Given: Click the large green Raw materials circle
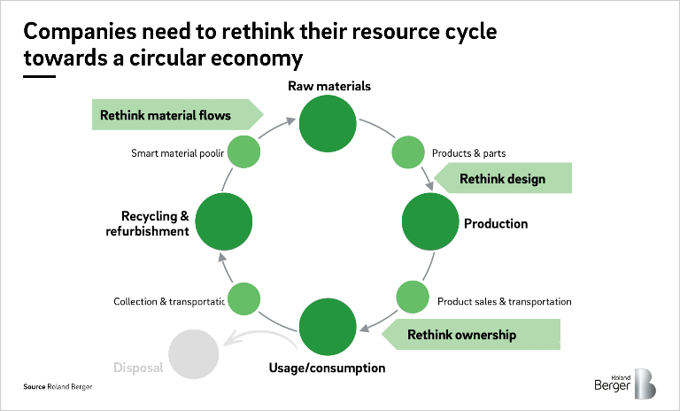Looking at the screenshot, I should pyautogui.click(x=328, y=122).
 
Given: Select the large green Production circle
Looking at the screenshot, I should pyautogui.click(x=432, y=223).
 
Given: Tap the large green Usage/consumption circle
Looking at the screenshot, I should pyautogui.click(x=328, y=327).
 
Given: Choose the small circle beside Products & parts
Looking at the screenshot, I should pyautogui.click(x=408, y=151).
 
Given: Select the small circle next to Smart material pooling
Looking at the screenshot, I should pyautogui.click(x=244, y=152).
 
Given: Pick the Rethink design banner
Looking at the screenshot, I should pyautogui.click(x=503, y=179).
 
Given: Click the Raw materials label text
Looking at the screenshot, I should pyautogui.click(x=328, y=86).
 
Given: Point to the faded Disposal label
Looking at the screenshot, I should pyautogui.click(x=138, y=367).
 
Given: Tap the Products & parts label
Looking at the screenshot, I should pyautogui.click(x=468, y=153).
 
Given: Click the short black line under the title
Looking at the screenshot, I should pyautogui.click(x=40, y=76).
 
